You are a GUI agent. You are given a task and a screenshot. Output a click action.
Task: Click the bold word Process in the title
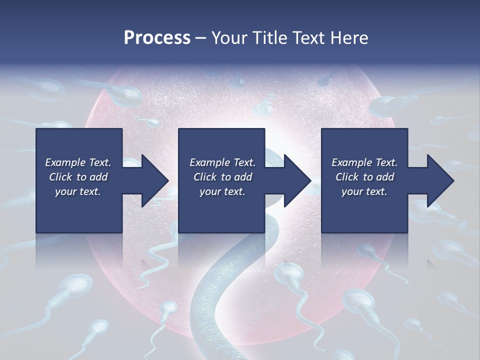pos(157,38)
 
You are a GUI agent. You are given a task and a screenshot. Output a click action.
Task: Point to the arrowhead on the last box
pos(438,180)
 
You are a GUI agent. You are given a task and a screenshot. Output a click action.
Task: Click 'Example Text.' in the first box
pos(78,162)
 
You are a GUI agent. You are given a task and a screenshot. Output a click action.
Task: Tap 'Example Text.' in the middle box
pos(222,162)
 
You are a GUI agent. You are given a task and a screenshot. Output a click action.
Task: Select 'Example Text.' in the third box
pos(364,162)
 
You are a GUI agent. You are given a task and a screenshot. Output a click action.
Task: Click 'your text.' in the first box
pos(78,191)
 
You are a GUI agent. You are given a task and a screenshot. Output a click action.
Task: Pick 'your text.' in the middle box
pos(222,191)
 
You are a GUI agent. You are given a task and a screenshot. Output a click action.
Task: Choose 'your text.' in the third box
pos(364,191)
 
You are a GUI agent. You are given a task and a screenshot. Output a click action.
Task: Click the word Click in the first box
pos(60,177)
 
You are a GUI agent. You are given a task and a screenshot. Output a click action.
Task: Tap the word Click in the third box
pos(347,177)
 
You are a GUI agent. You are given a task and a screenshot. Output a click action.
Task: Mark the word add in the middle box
pos(243,177)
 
